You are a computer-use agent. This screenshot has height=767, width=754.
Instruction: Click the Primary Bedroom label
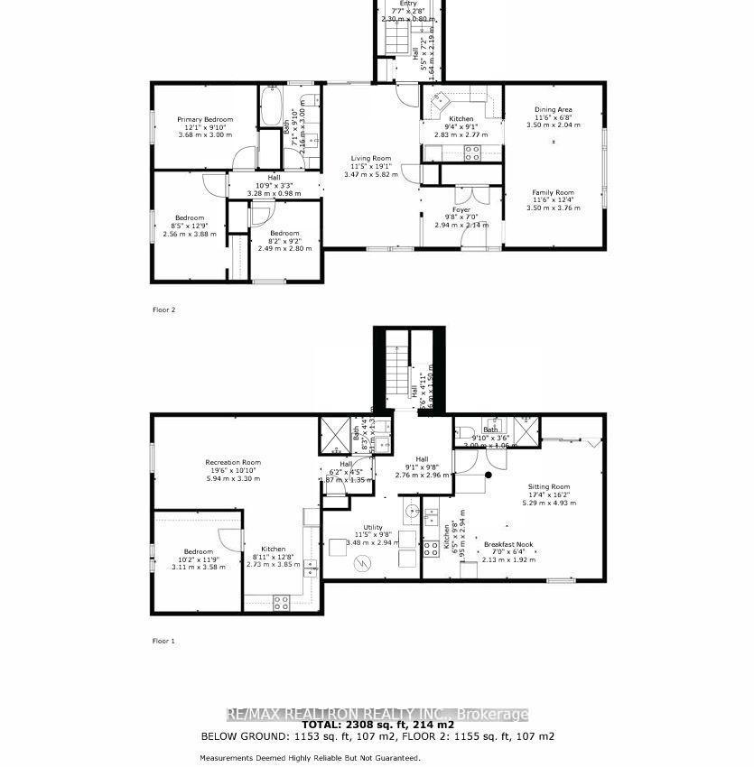(205, 119)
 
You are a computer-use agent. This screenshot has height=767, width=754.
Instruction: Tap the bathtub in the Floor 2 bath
(272, 107)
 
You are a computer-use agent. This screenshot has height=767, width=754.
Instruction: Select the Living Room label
(370, 158)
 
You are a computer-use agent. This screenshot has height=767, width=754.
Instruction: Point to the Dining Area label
(553, 110)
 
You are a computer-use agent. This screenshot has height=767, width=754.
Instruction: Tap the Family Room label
(553, 192)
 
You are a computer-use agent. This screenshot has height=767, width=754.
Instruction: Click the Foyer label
(461, 209)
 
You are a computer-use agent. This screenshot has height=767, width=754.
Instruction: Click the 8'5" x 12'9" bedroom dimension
(189, 226)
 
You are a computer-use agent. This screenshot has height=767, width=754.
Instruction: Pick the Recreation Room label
(232, 462)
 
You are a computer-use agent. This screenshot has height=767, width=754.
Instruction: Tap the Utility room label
(373, 527)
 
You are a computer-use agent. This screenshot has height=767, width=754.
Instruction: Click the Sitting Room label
(549, 486)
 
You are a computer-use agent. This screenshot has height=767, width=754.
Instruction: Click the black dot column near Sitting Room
(489, 474)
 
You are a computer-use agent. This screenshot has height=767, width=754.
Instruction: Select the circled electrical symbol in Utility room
(364, 563)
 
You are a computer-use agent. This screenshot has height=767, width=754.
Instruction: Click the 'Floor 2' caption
(163, 310)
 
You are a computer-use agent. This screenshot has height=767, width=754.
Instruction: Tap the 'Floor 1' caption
(163, 641)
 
